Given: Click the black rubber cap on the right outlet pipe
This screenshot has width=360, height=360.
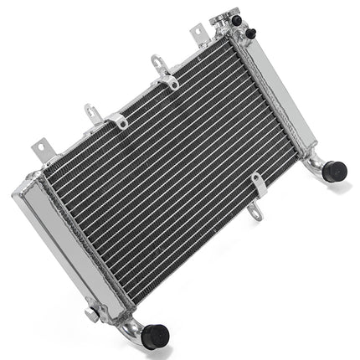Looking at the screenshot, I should (x=335, y=171).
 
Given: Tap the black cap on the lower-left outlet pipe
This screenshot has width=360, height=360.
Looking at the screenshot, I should (x=155, y=335).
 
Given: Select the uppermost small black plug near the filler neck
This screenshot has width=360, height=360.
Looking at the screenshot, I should (x=237, y=19).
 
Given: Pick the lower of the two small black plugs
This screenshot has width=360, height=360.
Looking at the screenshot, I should (x=250, y=33).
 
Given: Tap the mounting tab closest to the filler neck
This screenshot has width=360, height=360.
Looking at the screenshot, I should (x=199, y=33).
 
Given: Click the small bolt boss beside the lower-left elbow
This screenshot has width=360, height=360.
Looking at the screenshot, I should (x=90, y=315).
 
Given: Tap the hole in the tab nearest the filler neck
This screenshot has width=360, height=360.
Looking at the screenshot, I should (x=198, y=31).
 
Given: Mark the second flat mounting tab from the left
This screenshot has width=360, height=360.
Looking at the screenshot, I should (x=93, y=112).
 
